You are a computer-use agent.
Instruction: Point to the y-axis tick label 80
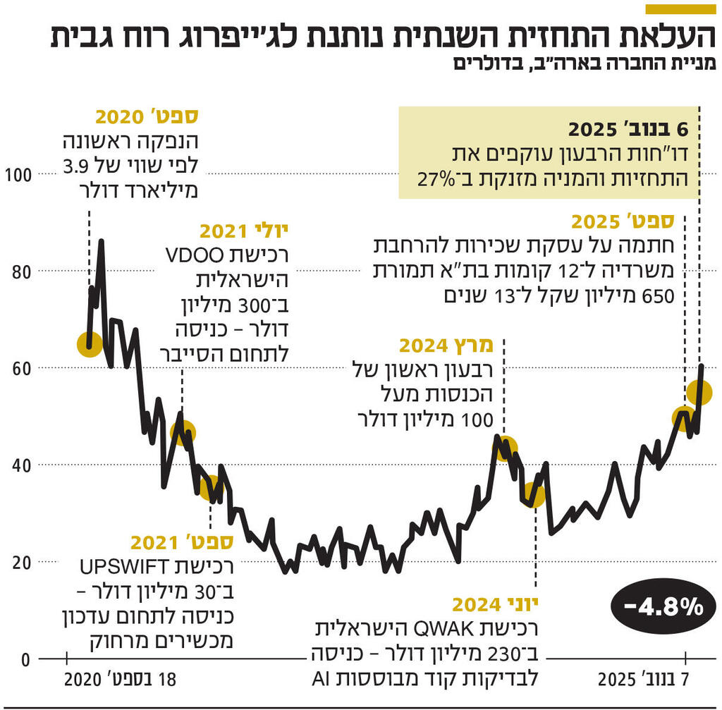tap(18, 271)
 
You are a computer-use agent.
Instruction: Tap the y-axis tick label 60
tap(18, 368)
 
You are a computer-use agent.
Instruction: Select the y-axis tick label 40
tap(18, 465)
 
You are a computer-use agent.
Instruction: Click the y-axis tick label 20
tap(18, 562)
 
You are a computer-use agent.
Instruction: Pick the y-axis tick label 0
tap(23, 659)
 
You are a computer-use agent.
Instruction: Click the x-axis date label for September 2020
tap(118, 681)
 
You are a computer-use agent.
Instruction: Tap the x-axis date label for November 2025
tap(643, 681)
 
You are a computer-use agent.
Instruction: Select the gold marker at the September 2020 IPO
tap(90, 344)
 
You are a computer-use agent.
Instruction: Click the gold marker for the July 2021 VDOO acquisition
tap(182, 433)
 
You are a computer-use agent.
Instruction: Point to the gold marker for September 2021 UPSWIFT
tap(210, 487)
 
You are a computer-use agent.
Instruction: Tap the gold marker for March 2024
tap(505, 448)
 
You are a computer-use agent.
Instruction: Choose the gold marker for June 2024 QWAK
tap(534, 495)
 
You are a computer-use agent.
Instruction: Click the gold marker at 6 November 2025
tap(699, 393)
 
